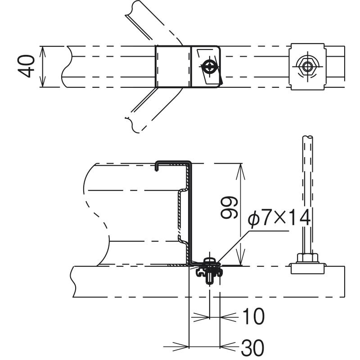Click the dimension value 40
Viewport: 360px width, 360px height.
[x=26, y=66]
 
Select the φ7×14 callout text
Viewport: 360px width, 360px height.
[x=279, y=218]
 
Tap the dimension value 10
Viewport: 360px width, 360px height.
[x=253, y=316]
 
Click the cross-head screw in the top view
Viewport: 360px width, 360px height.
[x=209, y=67]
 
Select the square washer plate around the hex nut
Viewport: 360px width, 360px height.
[x=307, y=67]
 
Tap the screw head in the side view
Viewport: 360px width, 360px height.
[x=210, y=261]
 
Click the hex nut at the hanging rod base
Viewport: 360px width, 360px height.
[x=307, y=258]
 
